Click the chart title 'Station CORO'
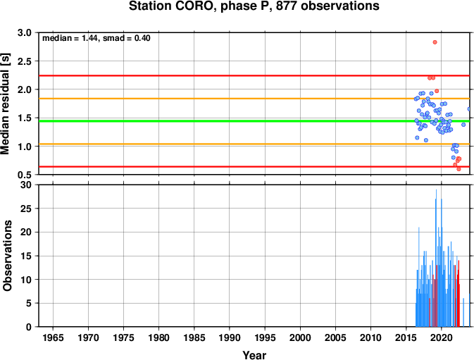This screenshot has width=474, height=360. [171, 6]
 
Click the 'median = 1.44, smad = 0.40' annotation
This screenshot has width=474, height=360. [96, 38]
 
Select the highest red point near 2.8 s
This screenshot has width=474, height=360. [435, 42]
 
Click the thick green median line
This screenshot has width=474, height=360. [254, 121]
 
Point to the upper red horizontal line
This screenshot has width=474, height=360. [254, 75]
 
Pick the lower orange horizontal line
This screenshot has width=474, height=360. [254, 144]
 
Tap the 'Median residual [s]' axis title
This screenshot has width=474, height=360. [6, 104]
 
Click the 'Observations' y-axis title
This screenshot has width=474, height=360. [7, 256]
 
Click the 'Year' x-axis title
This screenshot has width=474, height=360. [254, 355]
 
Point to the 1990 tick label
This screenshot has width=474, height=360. [230, 337]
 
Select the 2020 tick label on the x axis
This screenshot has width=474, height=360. [441, 337]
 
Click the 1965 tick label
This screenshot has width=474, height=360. [53, 337]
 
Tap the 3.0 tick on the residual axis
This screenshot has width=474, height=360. [25, 32]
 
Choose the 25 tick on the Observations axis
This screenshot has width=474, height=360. [26, 209]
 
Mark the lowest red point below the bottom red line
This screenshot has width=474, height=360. [459, 169]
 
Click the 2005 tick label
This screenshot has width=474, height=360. [335, 337]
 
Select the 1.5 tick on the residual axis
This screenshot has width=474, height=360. [25, 118]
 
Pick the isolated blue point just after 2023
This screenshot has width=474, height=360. [463, 125]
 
